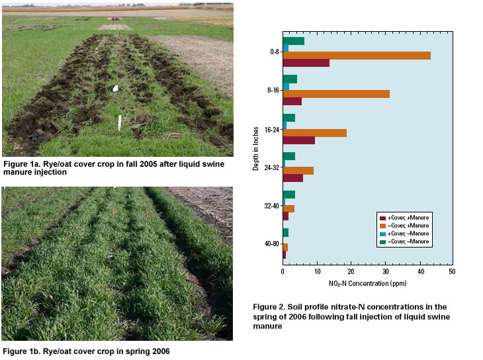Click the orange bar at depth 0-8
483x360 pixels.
point(357,56)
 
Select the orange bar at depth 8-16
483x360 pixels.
point(336,94)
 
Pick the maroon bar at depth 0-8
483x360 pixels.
point(306,63)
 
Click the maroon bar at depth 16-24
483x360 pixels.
point(298,140)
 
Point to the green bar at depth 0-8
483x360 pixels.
point(293,41)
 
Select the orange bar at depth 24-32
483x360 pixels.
point(298,171)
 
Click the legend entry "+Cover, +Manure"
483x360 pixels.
point(403,218)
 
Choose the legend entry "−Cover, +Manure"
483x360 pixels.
point(403,226)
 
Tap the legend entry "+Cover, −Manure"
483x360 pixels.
point(403,234)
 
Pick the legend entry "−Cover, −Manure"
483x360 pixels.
point(403,242)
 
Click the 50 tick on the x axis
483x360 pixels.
point(452,272)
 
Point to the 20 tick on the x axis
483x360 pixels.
point(351,272)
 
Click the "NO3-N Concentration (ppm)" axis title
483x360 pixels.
point(367,283)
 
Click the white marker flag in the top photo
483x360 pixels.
point(115,88)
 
